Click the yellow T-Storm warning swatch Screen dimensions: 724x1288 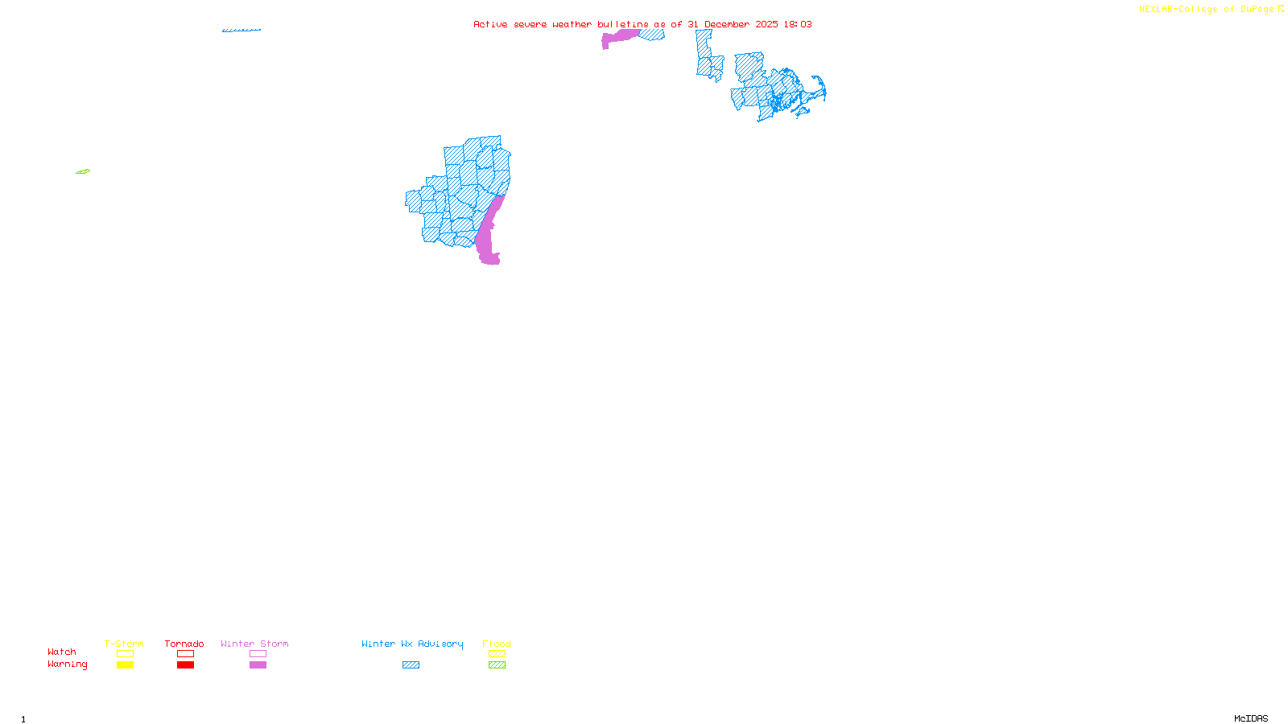125,665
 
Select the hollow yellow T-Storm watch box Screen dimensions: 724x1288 125,654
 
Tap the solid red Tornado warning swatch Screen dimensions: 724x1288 185,665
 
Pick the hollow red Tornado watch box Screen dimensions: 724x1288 185,654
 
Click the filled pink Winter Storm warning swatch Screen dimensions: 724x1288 258,665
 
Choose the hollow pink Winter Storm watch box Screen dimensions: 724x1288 258,654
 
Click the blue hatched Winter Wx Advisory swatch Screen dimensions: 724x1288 411,665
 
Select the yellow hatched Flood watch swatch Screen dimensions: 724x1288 497,654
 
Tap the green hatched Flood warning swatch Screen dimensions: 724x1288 497,665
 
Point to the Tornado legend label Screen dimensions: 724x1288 184,644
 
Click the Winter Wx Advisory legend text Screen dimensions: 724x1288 412,644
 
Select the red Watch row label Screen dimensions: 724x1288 62,652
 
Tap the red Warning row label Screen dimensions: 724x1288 67,664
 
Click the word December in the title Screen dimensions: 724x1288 727,24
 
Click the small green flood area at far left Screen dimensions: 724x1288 83,171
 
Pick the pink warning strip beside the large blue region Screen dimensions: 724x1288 488,233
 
